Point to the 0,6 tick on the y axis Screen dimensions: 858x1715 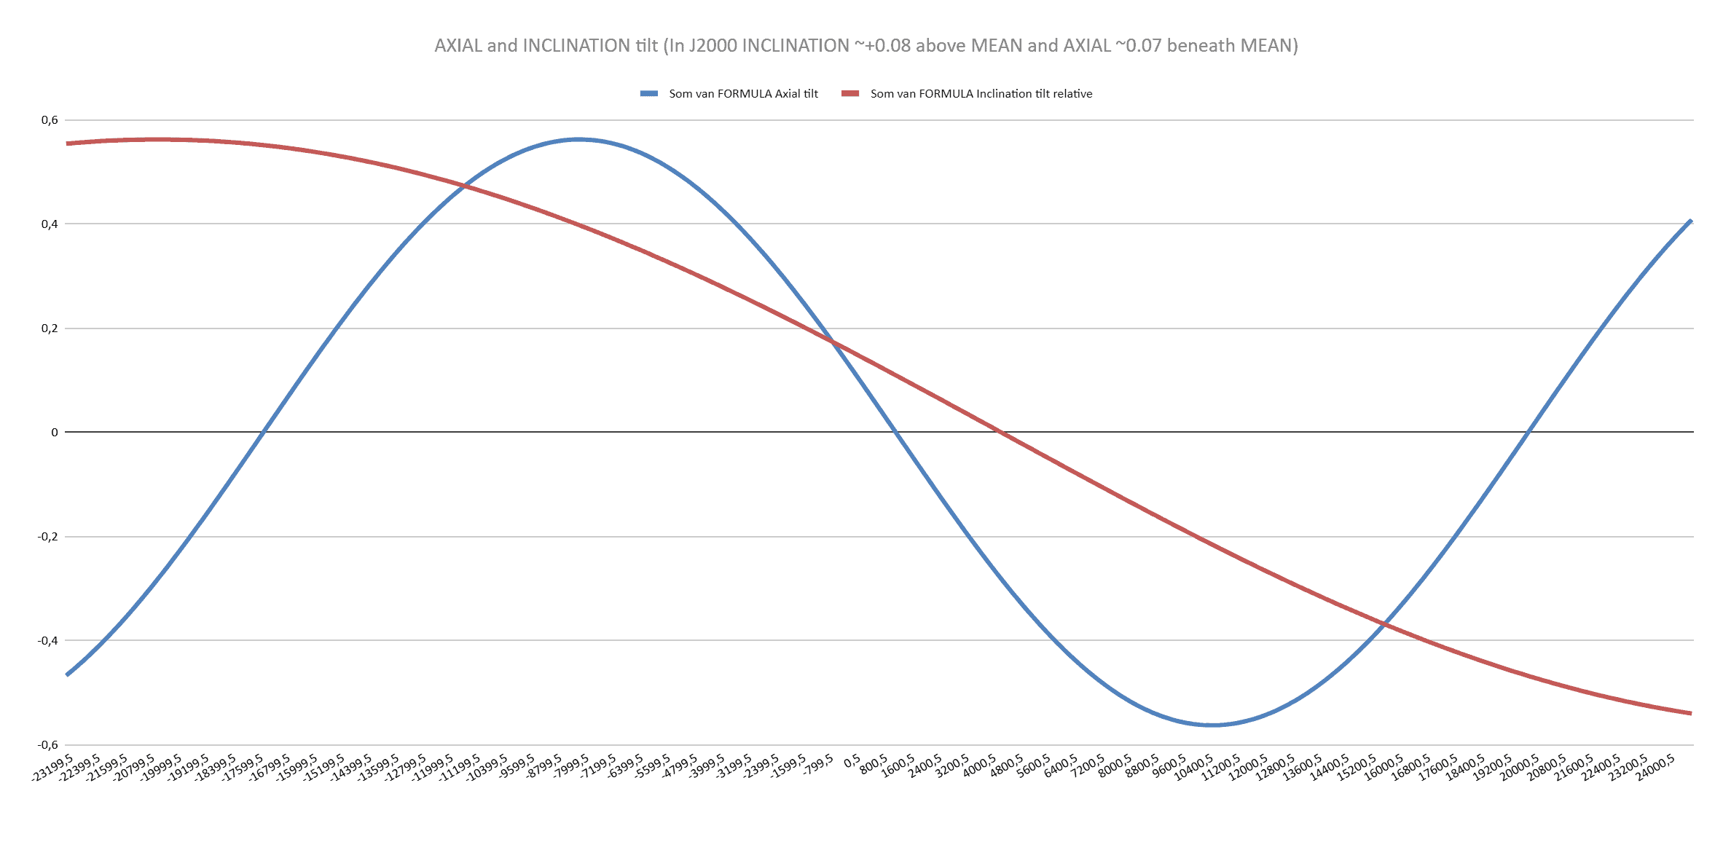tap(50, 120)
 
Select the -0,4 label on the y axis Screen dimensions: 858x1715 tap(47, 641)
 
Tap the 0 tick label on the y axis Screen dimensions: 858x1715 tap(54, 433)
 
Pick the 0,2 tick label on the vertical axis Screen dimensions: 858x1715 tap(50, 328)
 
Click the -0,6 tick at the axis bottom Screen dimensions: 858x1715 tap(47, 744)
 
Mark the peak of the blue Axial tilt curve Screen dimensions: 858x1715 tap(578, 139)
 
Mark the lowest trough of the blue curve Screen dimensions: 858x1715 tap(1211, 725)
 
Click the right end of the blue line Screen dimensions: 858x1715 tap(1690, 221)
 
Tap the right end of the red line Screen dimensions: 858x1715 tap(1690, 713)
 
